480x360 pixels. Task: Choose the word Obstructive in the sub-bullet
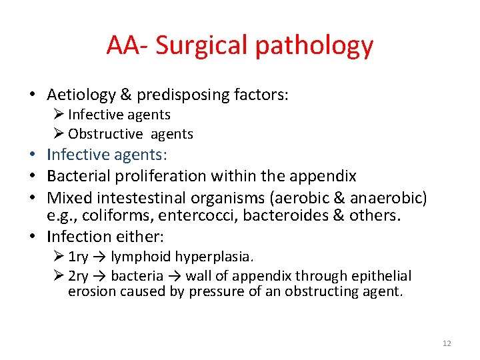[x=105, y=134]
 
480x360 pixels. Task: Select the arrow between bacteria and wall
[x=175, y=276]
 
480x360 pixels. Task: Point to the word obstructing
[x=329, y=292]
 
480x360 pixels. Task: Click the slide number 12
[x=447, y=343]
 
